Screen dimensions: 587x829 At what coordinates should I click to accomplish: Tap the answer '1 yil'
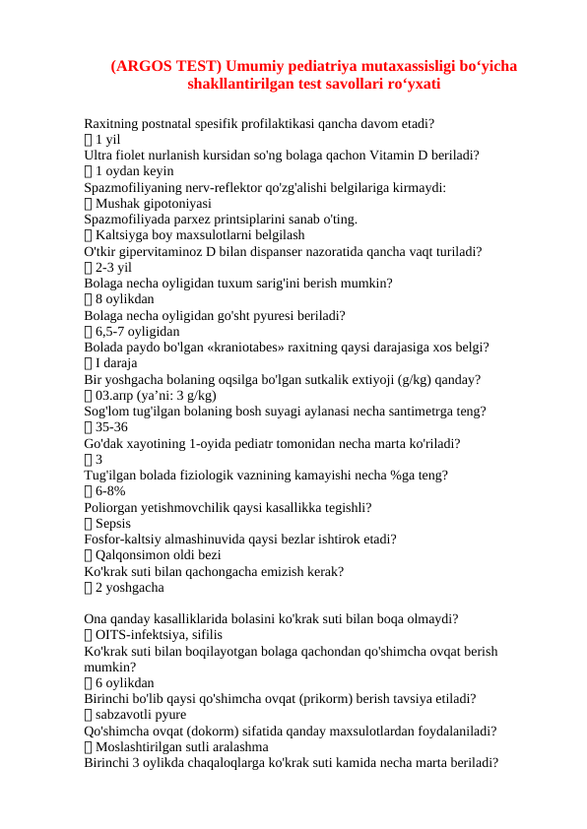tap(107, 140)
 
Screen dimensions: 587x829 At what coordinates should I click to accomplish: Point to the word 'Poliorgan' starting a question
tap(113, 507)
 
